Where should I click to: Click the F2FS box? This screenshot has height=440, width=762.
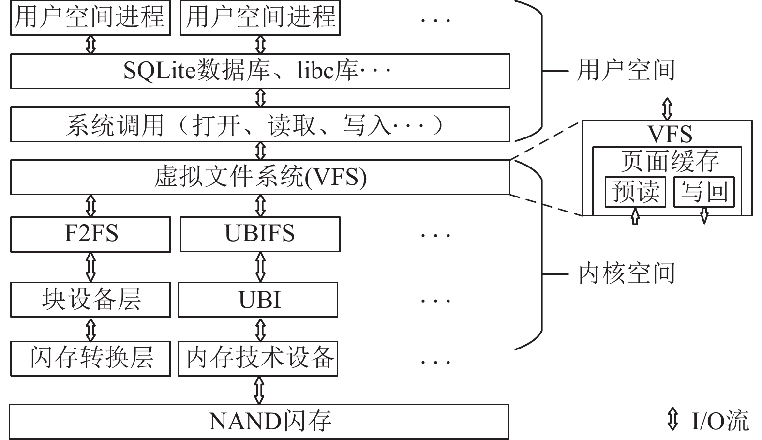click(x=90, y=234)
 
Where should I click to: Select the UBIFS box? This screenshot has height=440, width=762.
click(x=260, y=234)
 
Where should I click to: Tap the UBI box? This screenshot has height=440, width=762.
click(x=258, y=300)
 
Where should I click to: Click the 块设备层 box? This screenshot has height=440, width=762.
click(x=90, y=300)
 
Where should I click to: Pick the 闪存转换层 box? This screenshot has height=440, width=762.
click(x=90, y=359)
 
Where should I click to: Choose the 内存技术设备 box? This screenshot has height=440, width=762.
click(x=258, y=359)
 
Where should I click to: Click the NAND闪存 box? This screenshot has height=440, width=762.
click(x=259, y=422)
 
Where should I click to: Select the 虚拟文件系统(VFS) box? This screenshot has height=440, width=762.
click(x=260, y=177)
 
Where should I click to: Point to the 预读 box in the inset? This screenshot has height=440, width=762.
click(x=635, y=192)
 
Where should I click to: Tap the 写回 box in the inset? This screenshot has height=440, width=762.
click(x=704, y=192)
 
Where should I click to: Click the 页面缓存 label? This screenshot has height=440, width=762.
click(x=670, y=162)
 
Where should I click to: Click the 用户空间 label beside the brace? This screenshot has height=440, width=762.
click(x=626, y=71)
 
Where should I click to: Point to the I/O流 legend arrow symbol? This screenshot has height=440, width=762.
click(x=672, y=419)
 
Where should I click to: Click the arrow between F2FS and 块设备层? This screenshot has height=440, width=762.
click(x=90, y=267)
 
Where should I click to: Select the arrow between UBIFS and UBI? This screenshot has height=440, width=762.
click(x=260, y=267)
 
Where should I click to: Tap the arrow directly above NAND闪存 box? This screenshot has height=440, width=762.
click(x=259, y=390)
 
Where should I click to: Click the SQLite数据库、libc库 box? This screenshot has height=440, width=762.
click(x=260, y=71)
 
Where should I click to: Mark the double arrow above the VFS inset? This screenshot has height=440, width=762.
click(x=667, y=109)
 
